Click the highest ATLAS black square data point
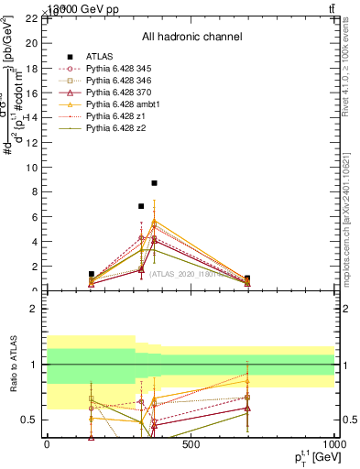pyautogui.click(x=155, y=183)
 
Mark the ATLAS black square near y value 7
pyautogui.click(x=141, y=206)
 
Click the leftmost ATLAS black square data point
pyautogui.click(x=92, y=274)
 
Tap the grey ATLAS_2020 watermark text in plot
pyautogui.click(x=192, y=273)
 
